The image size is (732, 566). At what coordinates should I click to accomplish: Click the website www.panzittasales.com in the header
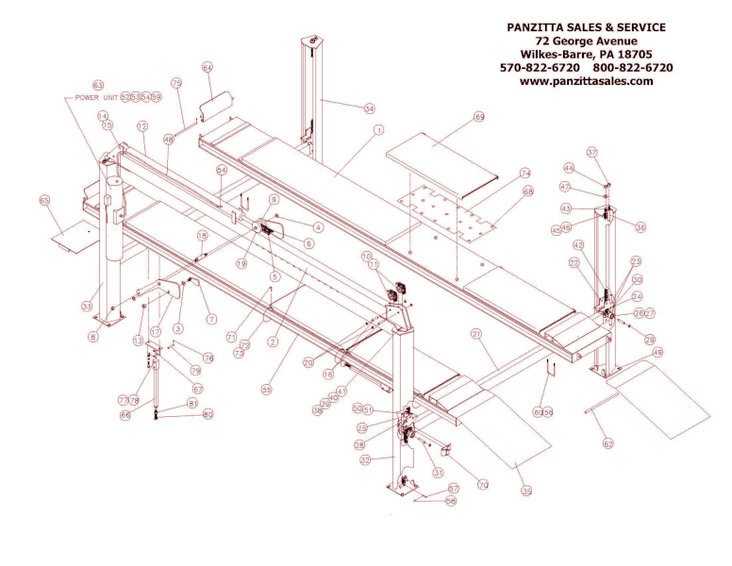pyautogui.click(x=586, y=81)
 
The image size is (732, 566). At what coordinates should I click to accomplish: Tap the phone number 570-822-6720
pyautogui.click(x=541, y=68)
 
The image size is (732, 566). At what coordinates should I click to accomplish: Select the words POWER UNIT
pyautogui.click(x=91, y=97)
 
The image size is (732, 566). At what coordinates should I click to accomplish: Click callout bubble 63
pyautogui.click(x=97, y=85)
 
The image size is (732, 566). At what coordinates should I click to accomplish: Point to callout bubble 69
pyautogui.click(x=479, y=117)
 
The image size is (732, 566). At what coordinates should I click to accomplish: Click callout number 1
pyautogui.click(x=377, y=129)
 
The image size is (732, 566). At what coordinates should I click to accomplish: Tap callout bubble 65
pyautogui.click(x=44, y=200)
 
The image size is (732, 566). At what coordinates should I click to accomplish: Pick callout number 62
pyautogui.click(x=608, y=443)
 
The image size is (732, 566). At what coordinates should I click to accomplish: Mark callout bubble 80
pyautogui.click(x=208, y=414)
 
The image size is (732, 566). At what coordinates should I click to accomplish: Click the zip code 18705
pyautogui.click(x=644, y=55)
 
